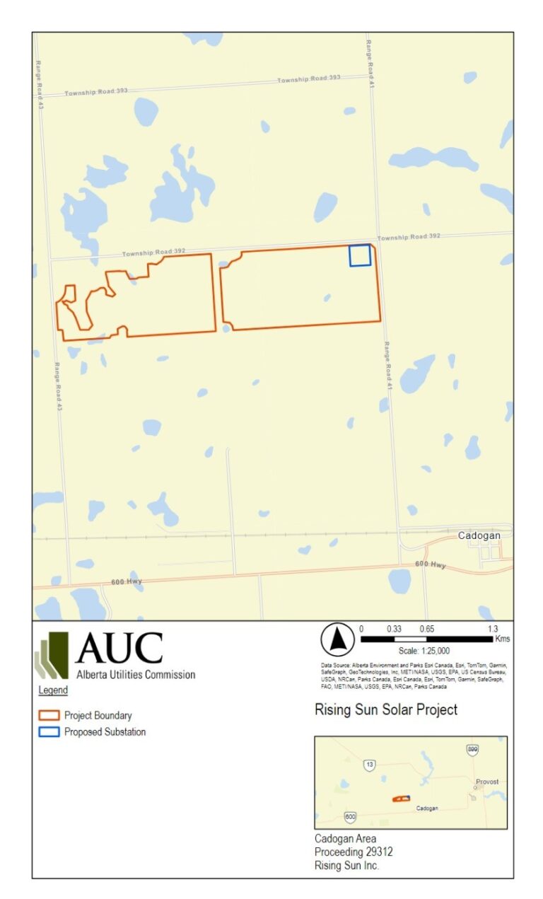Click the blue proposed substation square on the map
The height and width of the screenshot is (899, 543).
tap(360, 255)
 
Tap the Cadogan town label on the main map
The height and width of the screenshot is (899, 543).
tap(479, 535)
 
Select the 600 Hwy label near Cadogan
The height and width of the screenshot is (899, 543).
tap(430, 565)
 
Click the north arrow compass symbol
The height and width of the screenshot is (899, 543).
tap(337, 640)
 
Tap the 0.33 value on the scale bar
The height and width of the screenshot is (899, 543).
tap(395, 628)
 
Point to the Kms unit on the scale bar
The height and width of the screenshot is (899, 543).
tap(503, 639)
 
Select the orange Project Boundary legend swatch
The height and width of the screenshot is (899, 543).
tap(49, 715)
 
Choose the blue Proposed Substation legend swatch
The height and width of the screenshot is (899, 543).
tap(49, 732)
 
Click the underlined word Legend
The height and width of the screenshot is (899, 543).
tap(53, 690)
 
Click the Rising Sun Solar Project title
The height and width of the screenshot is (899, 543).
tap(385, 709)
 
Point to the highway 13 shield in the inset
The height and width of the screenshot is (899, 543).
tap(369, 765)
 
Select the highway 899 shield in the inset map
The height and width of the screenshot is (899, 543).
tap(472, 750)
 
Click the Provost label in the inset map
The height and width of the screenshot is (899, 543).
tap(486, 782)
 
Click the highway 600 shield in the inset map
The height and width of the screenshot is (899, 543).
tap(350, 817)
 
